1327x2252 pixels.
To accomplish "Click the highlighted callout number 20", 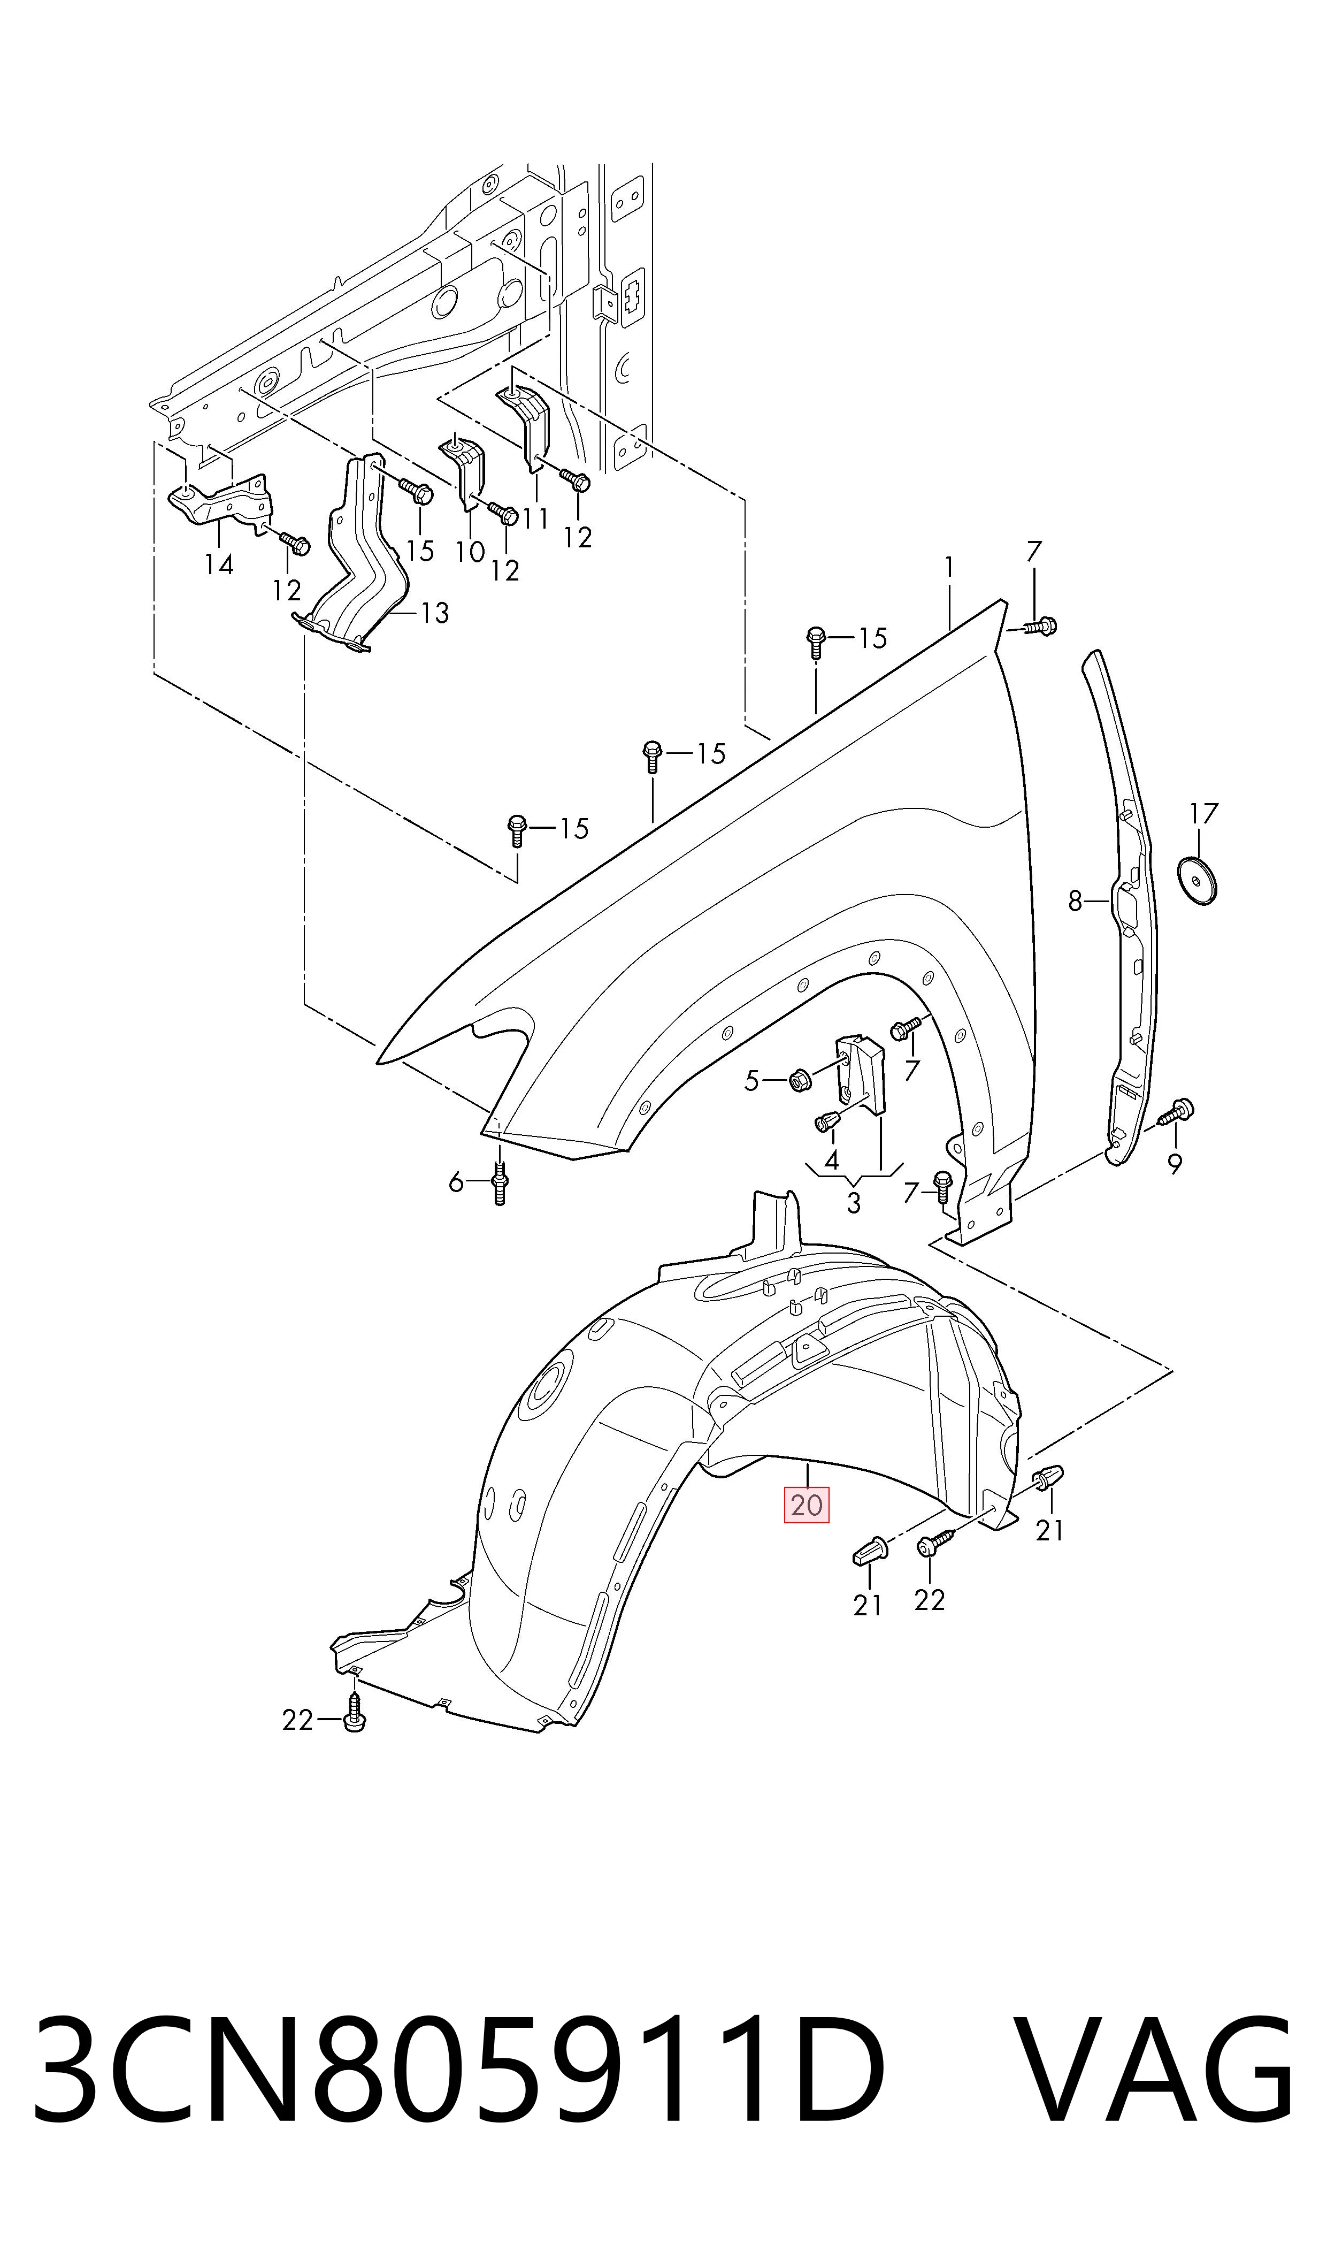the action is coord(807,1505).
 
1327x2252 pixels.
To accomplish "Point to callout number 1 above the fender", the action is coord(949,567).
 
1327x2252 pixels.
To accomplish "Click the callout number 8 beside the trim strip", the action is coord(1075,902).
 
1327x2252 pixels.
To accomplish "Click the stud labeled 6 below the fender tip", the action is coord(500,1183).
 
